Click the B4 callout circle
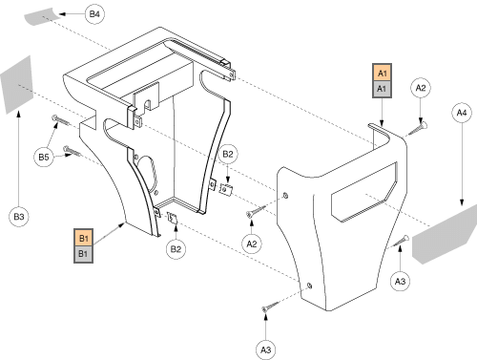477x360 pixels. [x=94, y=14]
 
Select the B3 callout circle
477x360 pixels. [x=19, y=217]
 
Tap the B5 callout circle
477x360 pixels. [x=44, y=157]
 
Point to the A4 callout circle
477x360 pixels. [x=462, y=113]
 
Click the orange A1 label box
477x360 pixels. [x=382, y=73]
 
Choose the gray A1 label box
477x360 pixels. [x=382, y=89]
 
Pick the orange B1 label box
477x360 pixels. [x=83, y=238]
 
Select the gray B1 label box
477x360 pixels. [x=83, y=254]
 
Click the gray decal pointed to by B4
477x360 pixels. [x=41, y=16]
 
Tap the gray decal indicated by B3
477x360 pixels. [x=17, y=85]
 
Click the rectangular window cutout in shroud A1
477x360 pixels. [x=363, y=192]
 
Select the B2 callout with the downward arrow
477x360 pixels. [x=228, y=154]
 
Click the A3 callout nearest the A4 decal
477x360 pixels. [x=400, y=282]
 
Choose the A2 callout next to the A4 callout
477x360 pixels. [x=421, y=88]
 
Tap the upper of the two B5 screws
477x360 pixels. [x=61, y=120]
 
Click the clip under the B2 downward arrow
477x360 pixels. [x=226, y=189]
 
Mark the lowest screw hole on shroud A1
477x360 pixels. [x=309, y=286]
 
